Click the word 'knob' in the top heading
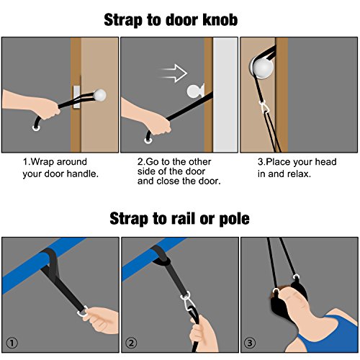[x=220, y=19]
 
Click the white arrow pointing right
[x=173, y=73]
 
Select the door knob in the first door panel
[x=100, y=95]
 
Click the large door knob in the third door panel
[x=262, y=68]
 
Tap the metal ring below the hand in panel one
[x=36, y=127]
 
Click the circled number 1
[x=12, y=343]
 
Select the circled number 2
[x=131, y=343]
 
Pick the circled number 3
[x=250, y=343]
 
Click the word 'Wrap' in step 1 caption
[x=42, y=162]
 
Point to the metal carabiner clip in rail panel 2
[x=187, y=303]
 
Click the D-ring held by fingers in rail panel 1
[x=84, y=312]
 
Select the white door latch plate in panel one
[x=76, y=97]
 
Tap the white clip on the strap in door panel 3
[x=264, y=107]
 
